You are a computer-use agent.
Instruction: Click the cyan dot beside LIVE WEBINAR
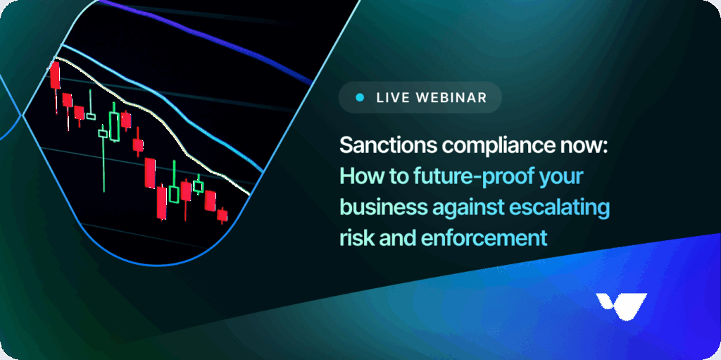(360, 97)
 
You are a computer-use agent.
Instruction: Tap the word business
(383, 208)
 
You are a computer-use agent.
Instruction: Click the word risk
(356, 238)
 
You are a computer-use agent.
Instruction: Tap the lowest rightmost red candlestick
(222, 215)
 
